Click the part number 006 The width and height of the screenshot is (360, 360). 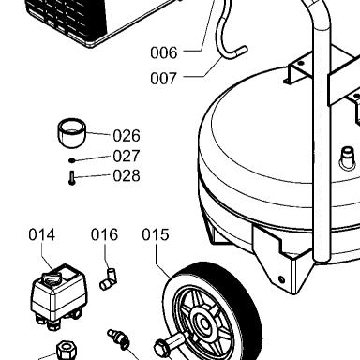tap(164, 52)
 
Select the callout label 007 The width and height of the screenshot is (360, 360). tap(164, 78)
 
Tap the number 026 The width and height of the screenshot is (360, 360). tap(127, 136)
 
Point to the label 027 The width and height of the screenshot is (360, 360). tap(127, 156)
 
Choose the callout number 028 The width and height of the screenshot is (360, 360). tap(127, 175)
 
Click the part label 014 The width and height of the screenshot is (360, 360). tap(42, 234)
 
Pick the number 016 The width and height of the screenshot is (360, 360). tap(104, 234)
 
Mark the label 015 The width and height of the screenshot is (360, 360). tap(156, 234)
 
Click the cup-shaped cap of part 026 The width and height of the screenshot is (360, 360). tap(72, 132)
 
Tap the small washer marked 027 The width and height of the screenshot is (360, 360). tap(72, 160)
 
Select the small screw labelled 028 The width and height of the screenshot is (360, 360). tap(72, 178)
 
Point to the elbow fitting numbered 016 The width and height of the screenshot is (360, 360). tap(109, 279)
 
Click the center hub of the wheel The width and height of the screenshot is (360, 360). tap(204, 324)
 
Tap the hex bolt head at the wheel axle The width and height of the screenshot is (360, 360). tap(162, 348)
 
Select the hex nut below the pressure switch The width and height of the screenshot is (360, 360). tap(67, 351)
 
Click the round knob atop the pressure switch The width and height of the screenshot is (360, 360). tap(51, 277)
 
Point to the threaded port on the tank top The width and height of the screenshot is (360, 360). tap(348, 157)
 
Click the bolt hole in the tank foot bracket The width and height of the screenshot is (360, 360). tap(281, 278)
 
